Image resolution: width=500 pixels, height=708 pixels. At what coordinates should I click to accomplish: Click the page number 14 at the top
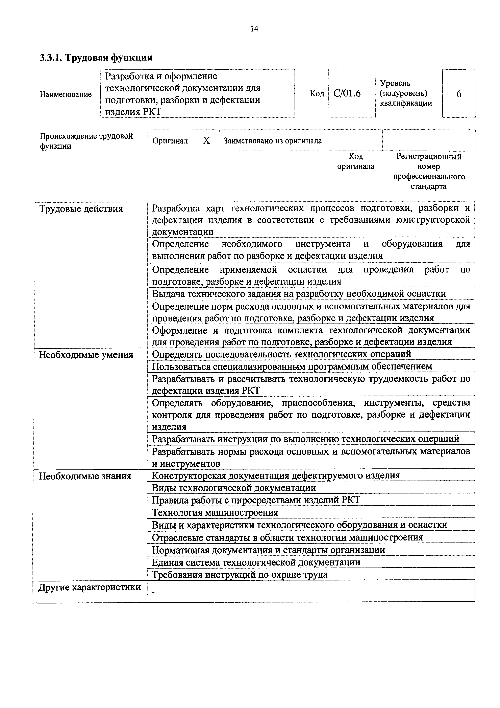(x=254, y=29)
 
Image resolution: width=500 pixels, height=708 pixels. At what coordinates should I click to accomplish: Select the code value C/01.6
(x=347, y=93)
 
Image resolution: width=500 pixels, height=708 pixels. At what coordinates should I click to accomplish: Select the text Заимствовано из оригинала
(x=272, y=141)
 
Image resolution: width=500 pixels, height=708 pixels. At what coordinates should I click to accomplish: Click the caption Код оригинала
(x=356, y=161)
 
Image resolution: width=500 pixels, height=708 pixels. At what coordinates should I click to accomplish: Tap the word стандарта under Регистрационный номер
(x=428, y=186)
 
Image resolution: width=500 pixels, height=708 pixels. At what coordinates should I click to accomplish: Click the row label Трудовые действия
(x=81, y=209)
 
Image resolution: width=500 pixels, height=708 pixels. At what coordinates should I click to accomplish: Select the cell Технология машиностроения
(x=215, y=512)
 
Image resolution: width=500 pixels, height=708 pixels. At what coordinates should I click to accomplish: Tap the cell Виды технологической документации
(x=234, y=488)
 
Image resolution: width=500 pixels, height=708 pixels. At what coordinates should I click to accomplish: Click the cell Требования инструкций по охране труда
(x=240, y=575)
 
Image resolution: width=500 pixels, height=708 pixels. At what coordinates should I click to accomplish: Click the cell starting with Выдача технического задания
(x=299, y=294)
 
